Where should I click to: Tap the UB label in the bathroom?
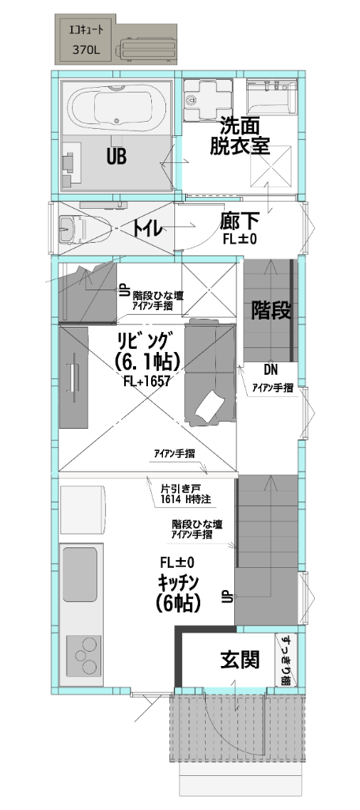coord(116,157)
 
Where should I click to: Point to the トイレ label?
coord(147,229)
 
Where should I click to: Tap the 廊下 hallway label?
coord(240,221)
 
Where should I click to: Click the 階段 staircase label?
coord(269,309)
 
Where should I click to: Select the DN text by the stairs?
coord(271,370)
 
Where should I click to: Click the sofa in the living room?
coord(210,372)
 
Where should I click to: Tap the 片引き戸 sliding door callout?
coord(176,489)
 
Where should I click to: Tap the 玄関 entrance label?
coord(241,659)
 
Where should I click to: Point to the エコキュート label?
coord(86,31)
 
